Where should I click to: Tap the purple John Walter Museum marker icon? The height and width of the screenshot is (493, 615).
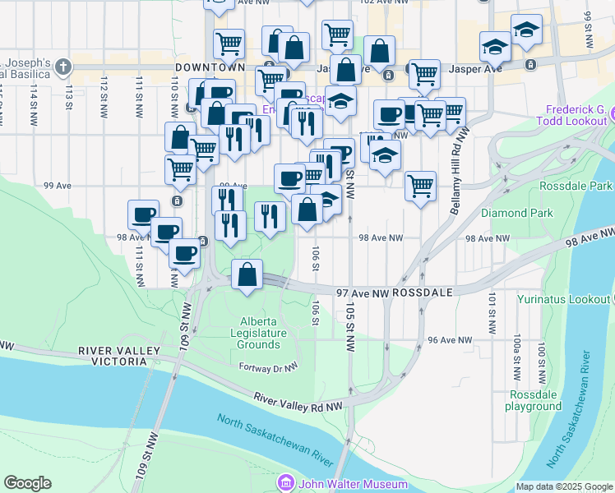click(x=286, y=482)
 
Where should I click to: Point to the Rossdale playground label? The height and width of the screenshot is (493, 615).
click(x=534, y=400)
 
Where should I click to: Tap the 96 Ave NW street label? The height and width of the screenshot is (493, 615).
click(x=451, y=339)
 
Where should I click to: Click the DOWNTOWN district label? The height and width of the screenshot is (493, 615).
click(x=210, y=65)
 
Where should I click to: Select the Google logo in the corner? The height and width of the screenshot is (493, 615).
click(x=27, y=483)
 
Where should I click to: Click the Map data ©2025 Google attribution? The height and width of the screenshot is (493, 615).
click(x=564, y=486)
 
